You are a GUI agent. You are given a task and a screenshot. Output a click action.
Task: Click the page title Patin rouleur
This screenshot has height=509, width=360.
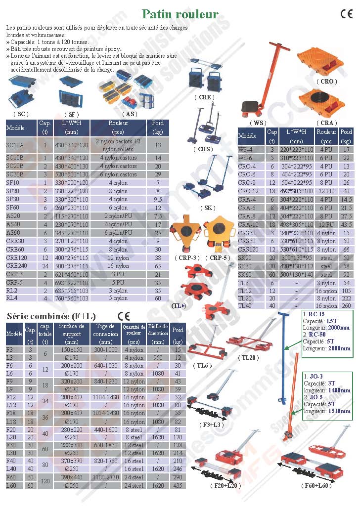coord(180,14)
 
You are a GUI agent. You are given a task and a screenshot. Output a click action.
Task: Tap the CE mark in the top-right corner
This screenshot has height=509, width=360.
coord(346,14)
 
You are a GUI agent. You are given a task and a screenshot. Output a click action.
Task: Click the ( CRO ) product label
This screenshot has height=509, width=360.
coord(327,81)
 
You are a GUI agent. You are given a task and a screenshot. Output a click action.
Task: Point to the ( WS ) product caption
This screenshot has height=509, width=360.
coord(258,123)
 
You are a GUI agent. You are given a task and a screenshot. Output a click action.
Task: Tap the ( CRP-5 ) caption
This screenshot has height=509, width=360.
coord(219,257)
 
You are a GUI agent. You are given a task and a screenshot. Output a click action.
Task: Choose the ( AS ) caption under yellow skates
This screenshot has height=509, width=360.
coord(128,114)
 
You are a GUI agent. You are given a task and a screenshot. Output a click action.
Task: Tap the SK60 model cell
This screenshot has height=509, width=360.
coord(246,274)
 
